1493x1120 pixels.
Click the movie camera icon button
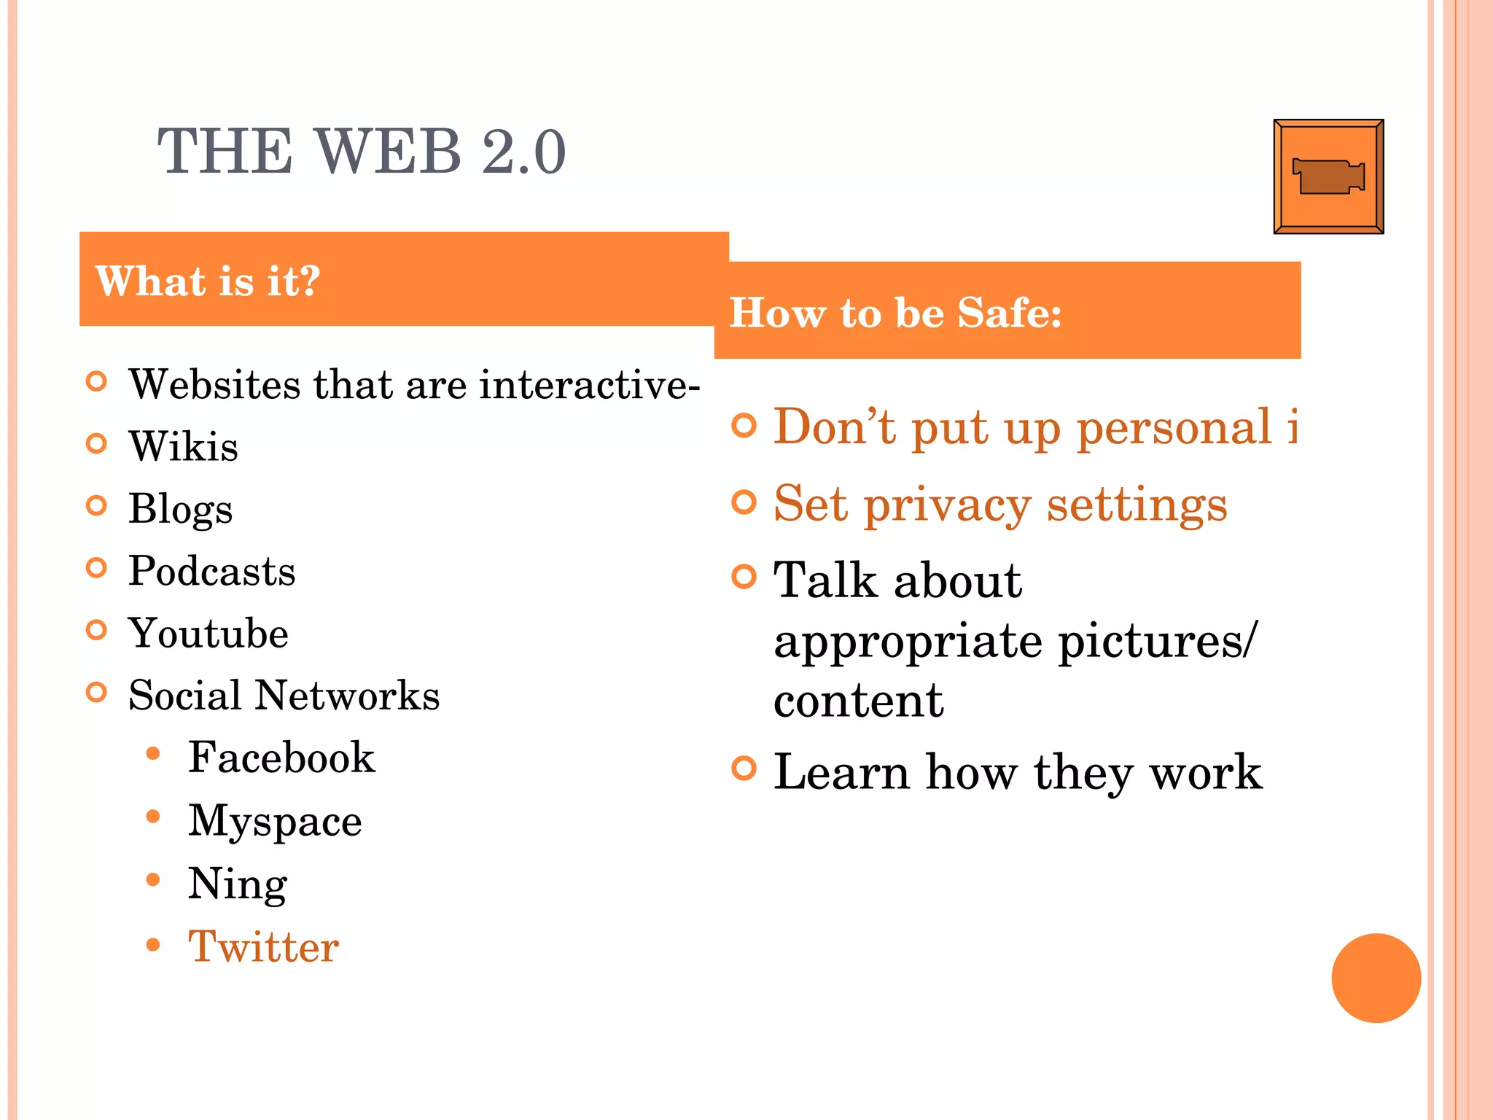(x=1328, y=176)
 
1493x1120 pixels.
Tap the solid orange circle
(x=1376, y=978)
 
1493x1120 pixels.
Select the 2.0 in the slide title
(x=523, y=152)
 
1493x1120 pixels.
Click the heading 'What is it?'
(x=208, y=281)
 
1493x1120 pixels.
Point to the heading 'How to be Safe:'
(x=895, y=313)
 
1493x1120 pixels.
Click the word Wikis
(x=183, y=446)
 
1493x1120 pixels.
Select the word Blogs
(x=180, y=509)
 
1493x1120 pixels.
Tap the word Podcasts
(x=211, y=571)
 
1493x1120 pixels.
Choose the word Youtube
(x=208, y=633)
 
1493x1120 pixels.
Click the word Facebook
(x=281, y=758)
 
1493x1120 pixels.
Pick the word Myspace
(x=275, y=822)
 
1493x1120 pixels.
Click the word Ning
(x=238, y=884)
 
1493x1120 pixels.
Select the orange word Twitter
(x=263, y=947)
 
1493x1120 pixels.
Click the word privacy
(x=947, y=505)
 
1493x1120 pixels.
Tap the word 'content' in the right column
(x=858, y=701)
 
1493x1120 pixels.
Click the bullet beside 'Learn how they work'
(x=744, y=769)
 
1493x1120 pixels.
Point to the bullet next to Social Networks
(x=96, y=692)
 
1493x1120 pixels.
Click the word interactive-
(x=589, y=384)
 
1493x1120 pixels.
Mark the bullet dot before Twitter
(x=152, y=945)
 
